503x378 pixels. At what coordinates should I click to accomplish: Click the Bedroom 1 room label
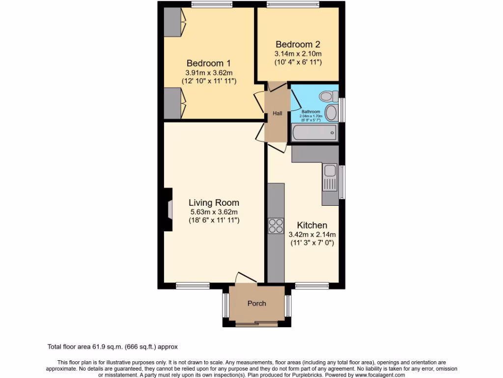(209, 63)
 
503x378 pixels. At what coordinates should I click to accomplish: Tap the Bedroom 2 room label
(298, 44)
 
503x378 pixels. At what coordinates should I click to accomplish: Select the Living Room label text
(214, 202)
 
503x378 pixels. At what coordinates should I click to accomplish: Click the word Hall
(278, 114)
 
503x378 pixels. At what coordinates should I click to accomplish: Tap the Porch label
(256, 303)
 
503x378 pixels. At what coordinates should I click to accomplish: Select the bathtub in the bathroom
(314, 132)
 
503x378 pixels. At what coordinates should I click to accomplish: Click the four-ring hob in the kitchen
(276, 225)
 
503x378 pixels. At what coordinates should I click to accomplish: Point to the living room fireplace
(168, 209)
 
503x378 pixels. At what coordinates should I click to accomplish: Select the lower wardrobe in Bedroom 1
(173, 103)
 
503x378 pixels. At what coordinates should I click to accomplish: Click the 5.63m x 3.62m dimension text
(214, 212)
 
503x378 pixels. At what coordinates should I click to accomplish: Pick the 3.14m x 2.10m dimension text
(298, 54)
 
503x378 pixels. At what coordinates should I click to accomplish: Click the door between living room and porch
(246, 279)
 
